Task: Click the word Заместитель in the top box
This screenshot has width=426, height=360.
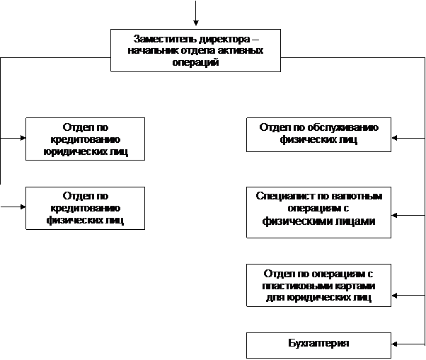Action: coord(165,39)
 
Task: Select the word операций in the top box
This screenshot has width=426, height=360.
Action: coord(195,62)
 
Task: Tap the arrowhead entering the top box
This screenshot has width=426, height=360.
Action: coord(195,23)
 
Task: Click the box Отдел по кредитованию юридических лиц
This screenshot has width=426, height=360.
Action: coord(86,139)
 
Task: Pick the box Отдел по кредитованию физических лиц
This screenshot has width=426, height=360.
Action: coord(86,208)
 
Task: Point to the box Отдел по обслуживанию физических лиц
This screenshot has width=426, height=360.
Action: coord(318,134)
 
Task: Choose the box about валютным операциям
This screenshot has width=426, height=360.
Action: coord(318,212)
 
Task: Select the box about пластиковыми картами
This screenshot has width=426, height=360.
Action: coord(318,285)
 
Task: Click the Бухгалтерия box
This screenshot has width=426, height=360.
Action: coord(318,345)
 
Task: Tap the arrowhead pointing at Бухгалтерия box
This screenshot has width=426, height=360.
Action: coord(394,344)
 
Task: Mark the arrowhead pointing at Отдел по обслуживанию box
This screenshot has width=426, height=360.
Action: coord(394,138)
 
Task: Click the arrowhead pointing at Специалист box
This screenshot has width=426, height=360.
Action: coord(394,215)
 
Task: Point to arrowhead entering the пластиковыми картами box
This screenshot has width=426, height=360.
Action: coord(394,296)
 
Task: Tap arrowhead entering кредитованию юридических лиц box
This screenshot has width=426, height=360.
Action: coord(23,138)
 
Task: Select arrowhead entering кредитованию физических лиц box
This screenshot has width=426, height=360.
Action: coord(23,207)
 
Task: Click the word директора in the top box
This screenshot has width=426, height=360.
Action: coord(224,39)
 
